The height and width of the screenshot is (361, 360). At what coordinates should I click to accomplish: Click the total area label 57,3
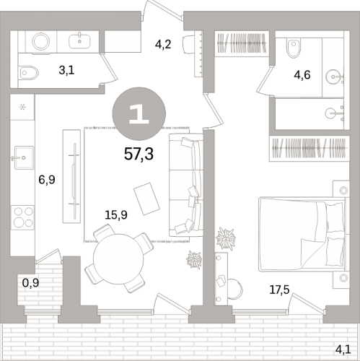pos(139,154)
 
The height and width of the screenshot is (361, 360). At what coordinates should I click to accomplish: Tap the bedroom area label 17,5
pos(279,290)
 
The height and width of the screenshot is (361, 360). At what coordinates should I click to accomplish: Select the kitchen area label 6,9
pos(47,180)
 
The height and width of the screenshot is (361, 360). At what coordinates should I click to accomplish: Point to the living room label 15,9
pos(116,214)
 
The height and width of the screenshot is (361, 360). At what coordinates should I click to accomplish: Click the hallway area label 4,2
pos(163,45)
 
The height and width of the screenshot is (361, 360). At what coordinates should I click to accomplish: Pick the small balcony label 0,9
pos(30,283)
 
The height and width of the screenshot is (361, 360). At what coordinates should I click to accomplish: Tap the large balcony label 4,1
pos(343,349)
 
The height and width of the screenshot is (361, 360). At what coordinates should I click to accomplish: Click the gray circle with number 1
pos(139,113)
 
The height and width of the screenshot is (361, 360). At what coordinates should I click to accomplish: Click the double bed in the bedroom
pos(302,235)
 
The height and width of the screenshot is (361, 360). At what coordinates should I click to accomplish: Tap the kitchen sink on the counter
pos(24,157)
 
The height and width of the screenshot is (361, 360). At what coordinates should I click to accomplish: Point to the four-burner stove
pos(23,217)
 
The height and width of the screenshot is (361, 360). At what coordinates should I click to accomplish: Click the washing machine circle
pos(41,41)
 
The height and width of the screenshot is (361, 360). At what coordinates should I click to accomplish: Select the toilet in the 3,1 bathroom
pos(28,73)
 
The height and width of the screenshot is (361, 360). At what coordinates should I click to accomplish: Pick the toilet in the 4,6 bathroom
pos(294,48)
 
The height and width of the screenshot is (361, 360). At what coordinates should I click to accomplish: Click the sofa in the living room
pos(185,185)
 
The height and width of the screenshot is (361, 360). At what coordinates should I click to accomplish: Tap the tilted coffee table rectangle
pos(146,199)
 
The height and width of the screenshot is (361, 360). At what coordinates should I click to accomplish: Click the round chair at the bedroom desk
pos(234,289)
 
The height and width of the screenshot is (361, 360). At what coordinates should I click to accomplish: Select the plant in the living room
pos(194,260)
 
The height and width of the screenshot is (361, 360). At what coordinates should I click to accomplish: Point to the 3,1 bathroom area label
pos(66,70)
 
